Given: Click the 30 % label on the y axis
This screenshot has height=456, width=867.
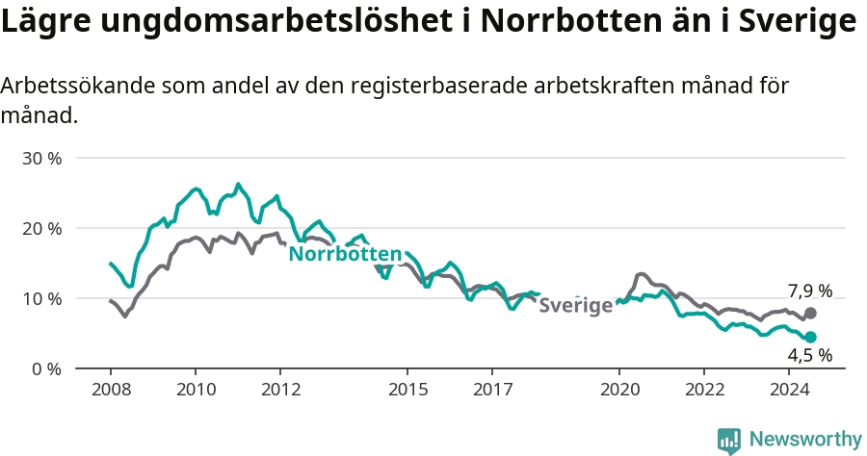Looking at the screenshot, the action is coord(42,159).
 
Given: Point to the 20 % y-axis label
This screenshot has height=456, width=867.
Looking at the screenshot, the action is coord(42,229).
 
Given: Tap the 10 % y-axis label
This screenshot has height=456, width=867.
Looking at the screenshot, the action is coord(42,298).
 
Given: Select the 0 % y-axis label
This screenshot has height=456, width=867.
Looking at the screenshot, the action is coord(46,368).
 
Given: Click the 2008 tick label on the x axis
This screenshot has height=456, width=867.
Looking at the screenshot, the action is coord(111,390).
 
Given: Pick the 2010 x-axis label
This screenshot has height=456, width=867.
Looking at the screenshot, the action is coord(197,390).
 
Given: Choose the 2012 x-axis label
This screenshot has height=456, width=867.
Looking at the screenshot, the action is coord(281,390).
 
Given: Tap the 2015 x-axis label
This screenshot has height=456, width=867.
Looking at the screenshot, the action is coord(408,390).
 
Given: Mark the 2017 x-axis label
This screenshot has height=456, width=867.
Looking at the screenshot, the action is coord(492,390).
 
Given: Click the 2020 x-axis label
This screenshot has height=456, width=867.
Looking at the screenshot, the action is coord(619,390).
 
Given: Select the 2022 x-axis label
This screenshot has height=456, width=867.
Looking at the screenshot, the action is coord(704,390).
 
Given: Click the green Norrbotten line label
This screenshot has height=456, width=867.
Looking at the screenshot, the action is coord(345,254).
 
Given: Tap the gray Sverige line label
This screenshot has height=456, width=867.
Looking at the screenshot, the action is coord(576,305).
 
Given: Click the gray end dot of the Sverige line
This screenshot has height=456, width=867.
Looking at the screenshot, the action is coord(810,313).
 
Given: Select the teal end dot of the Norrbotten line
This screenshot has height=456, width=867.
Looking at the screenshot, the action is coord(810,338).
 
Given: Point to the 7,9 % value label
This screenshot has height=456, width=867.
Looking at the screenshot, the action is coord(810,291).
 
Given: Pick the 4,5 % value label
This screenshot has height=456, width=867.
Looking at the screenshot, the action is coord(810,356).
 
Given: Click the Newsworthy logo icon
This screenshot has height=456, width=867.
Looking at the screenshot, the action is coord(729,442).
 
